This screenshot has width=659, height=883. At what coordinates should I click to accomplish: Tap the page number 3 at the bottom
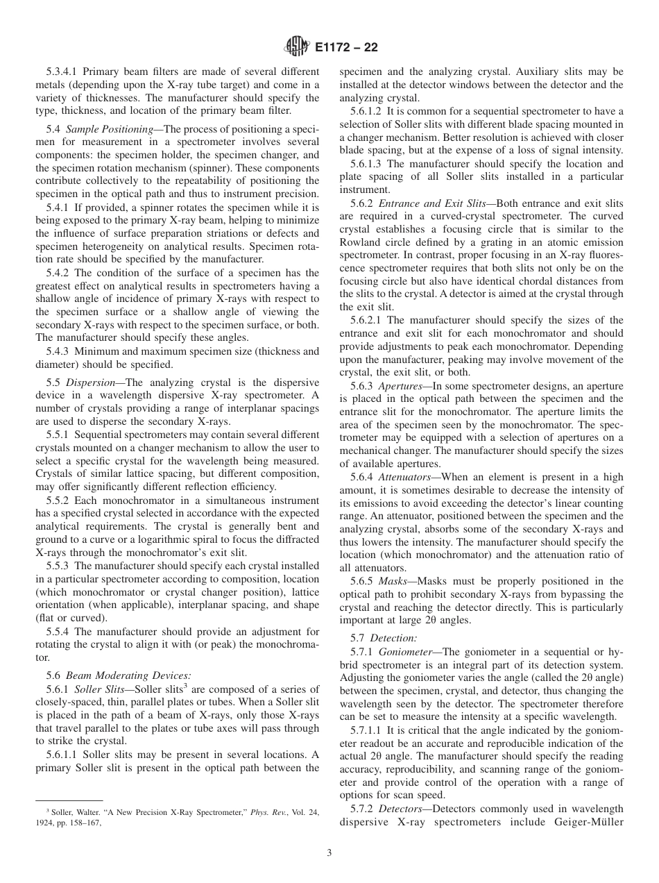[x=329, y=853]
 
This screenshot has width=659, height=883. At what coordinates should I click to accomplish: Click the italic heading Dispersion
[x=95, y=382]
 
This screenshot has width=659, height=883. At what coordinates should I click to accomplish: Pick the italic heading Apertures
[x=400, y=385]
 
